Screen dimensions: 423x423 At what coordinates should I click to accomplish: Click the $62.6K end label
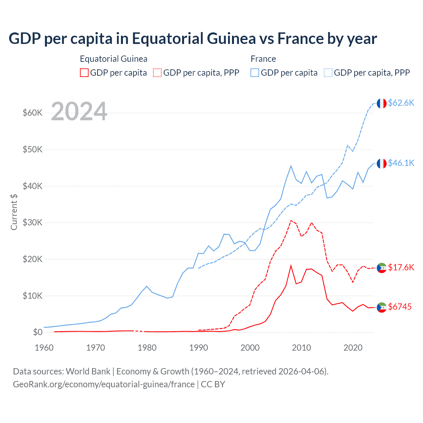pyautogui.click(x=401, y=103)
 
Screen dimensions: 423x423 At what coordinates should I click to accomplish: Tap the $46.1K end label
pyautogui.click(x=401, y=163)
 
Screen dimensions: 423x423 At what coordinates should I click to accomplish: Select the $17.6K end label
pyautogui.click(x=401, y=267)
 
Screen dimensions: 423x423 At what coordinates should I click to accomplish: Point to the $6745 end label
pyautogui.click(x=400, y=307)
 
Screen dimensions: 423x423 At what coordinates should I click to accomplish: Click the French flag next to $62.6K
pyautogui.click(x=382, y=103)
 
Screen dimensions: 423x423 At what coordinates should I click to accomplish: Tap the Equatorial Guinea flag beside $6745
pyautogui.click(x=382, y=307)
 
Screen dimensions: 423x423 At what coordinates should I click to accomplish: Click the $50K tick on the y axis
pyautogui.click(x=33, y=149)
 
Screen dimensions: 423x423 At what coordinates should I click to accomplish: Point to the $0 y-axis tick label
pyautogui.click(x=38, y=332)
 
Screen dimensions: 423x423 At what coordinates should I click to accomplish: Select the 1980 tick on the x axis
pyautogui.click(x=147, y=348)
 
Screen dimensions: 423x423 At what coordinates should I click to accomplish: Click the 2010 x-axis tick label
pyautogui.click(x=301, y=348)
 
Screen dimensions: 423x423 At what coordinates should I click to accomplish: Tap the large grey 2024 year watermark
pyautogui.click(x=79, y=111)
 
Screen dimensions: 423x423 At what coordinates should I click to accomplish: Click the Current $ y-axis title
pyautogui.click(x=14, y=212)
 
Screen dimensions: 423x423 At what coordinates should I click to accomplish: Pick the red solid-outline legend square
pyautogui.click(x=84, y=73)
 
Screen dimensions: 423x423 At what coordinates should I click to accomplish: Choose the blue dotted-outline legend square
pyautogui.click(x=328, y=73)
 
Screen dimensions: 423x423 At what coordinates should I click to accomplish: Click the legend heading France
pyautogui.click(x=263, y=59)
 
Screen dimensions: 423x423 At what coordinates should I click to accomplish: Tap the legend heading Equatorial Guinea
pyautogui.click(x=113, y=59)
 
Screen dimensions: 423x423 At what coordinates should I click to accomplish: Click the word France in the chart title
pyautogui.click(x=301, y=38)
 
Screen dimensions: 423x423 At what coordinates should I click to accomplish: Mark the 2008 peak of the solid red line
pyautogui.click(x=291, y=266)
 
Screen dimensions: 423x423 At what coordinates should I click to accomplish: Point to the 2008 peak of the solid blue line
pyautogui.click(x=291, y=166)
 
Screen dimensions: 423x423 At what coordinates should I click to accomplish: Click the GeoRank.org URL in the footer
pyautogui.click(x=104, y=384)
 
